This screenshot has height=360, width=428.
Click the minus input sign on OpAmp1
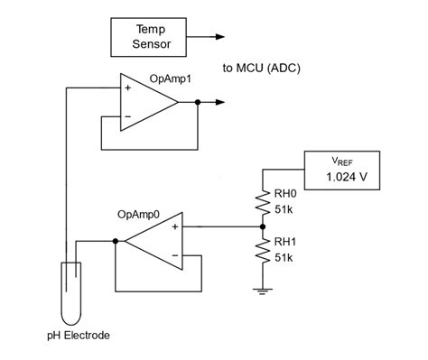(126, 116)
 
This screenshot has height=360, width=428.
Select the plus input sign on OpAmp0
(174, 227)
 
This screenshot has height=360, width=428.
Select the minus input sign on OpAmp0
(174, 255)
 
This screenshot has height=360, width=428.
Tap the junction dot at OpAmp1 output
(198, 103)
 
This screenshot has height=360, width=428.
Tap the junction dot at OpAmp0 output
(116, 242)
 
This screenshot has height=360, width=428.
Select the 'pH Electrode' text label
(79, 336)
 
